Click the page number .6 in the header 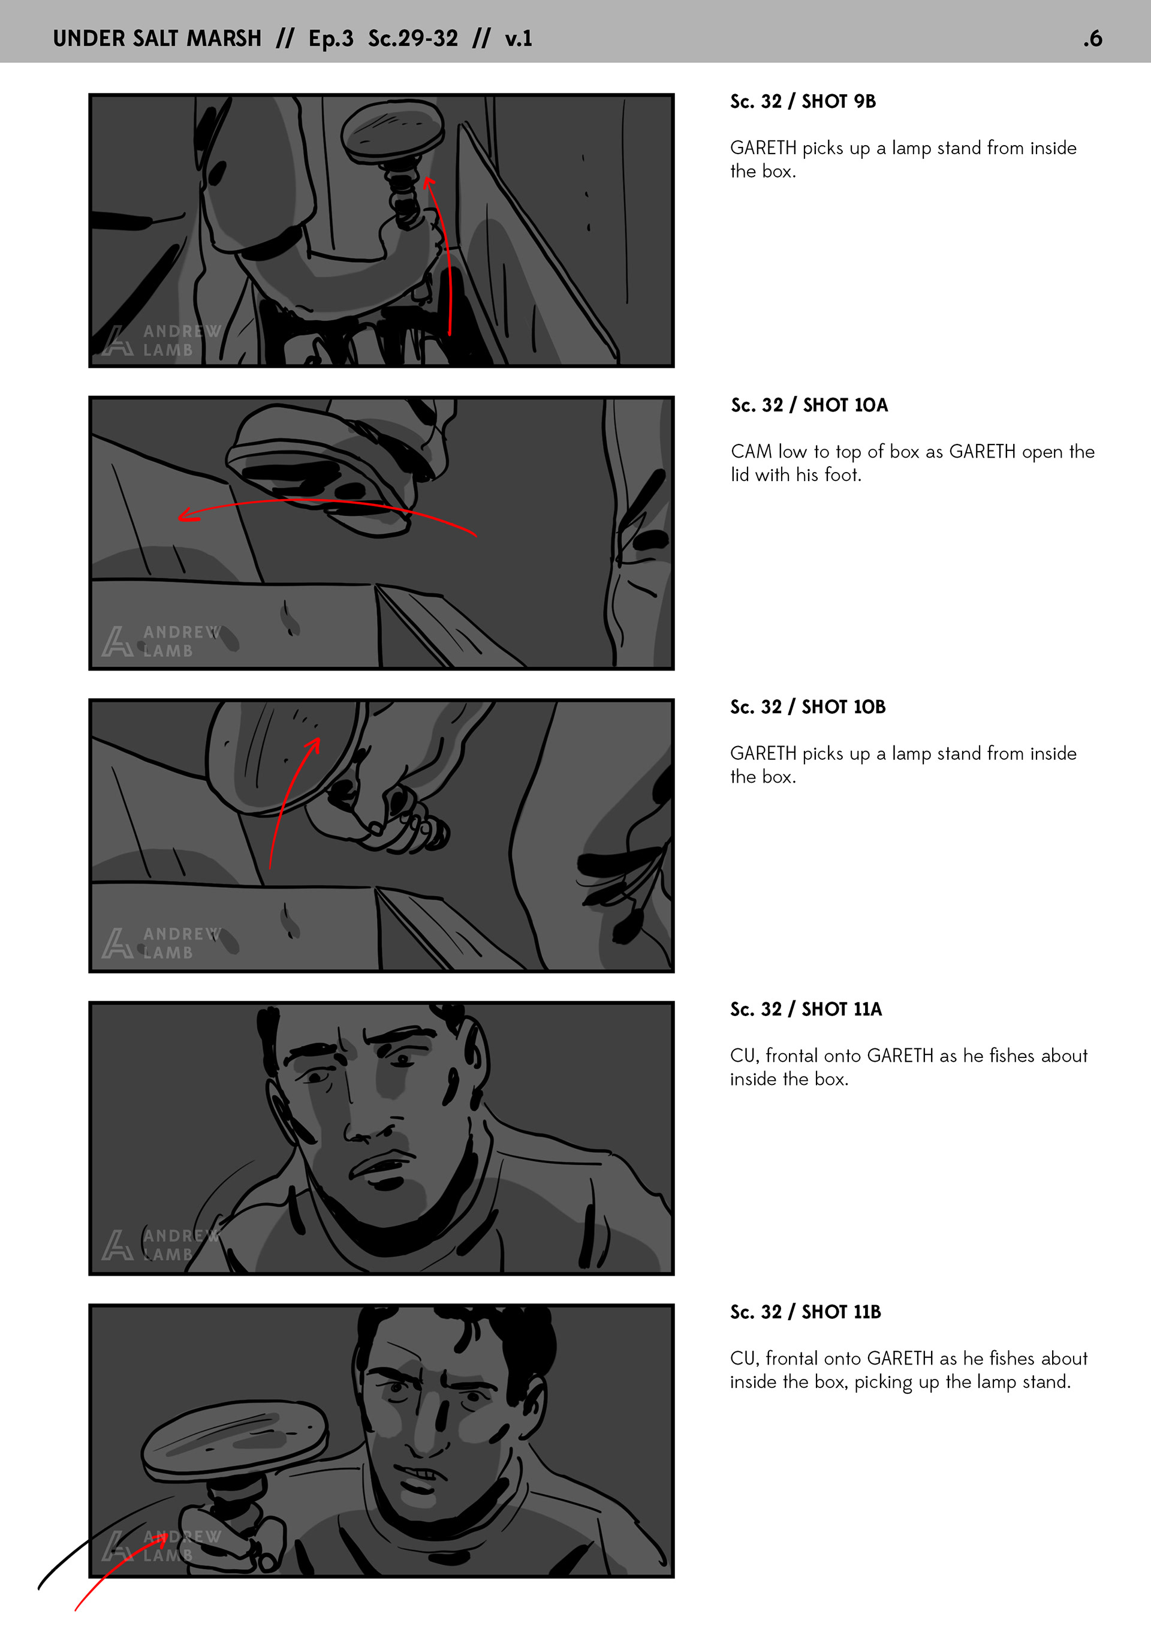(x=1092, y=38)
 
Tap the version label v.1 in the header (x=519, y=38)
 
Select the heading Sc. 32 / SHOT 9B (x=803, y=101)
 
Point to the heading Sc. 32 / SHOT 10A (x=809, y=405)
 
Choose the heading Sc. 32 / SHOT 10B (x=807, y=707)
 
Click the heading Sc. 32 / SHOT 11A (x=806, y=1009)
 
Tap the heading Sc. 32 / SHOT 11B (x=806, y=1312)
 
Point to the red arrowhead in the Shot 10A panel (x=187, y=515)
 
